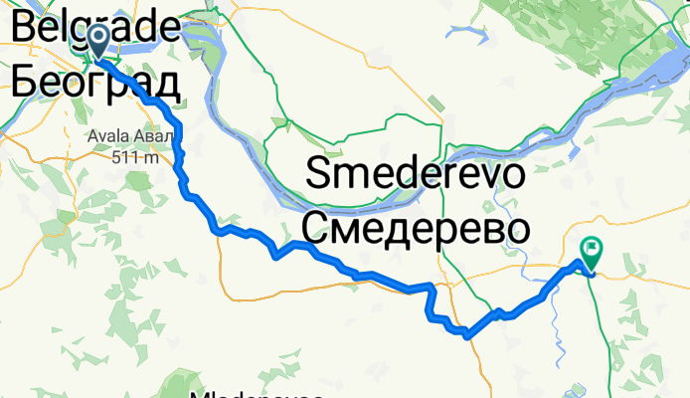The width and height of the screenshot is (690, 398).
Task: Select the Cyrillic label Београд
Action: coord(95,81)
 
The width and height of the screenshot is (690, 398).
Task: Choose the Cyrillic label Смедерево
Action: coord(414,230)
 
